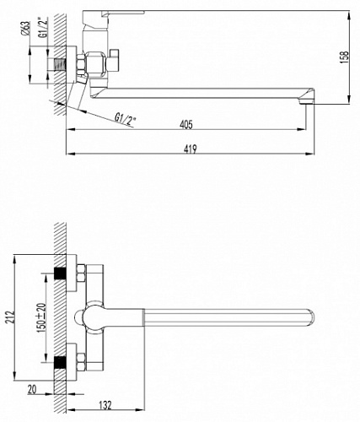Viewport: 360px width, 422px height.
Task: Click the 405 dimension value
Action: click(x=186, y=124)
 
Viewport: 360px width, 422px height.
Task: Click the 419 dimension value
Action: click(x=191, y=149)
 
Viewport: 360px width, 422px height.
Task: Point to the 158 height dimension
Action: click(x=345, y=57)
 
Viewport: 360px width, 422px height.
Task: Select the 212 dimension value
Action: click(x=10, y=317)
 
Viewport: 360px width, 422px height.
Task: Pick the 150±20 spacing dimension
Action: click(x=40, y=318)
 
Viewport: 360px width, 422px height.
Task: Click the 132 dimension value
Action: click(x=105, y=405)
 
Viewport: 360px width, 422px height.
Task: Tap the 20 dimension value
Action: click(x=32, y=389)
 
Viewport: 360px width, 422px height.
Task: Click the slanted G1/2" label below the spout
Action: click(x=125, y=119)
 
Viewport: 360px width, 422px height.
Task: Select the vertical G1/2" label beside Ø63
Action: click(x=43, y=27)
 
